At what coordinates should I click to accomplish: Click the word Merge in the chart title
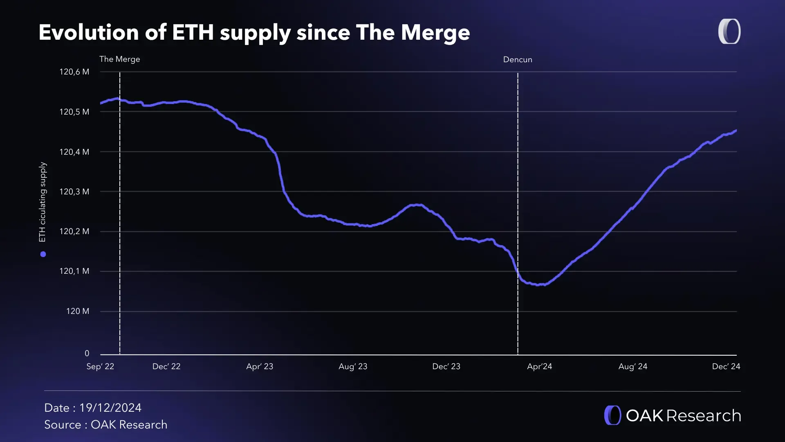[435, 32]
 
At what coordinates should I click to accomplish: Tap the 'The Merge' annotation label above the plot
[119, 59]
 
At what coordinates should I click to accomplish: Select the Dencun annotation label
[517, 59]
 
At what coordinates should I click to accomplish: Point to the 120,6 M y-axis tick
[74, 72]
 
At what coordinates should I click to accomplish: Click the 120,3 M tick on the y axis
[74, 192]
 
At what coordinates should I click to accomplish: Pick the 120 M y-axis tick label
[77, 311]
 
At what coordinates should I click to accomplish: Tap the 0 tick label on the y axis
[87, 353]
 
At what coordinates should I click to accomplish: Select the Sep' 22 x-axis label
[100, 366]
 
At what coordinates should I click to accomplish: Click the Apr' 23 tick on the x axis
[259, 366]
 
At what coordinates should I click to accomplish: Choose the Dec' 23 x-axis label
[446, 366]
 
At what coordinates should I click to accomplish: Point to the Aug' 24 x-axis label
[632, 366]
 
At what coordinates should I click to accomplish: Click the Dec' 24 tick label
[726, 366]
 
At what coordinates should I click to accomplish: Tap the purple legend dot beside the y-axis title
[43, 254]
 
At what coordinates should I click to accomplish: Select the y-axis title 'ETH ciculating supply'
[43, 202]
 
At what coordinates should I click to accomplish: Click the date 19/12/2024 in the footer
[110, 408]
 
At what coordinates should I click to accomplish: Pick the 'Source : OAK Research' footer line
[105, 424]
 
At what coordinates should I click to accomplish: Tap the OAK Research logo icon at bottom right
[612, 415]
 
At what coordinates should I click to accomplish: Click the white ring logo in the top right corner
[729, 32]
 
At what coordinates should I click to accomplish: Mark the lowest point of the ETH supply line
[538, 285]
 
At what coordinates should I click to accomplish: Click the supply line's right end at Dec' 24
[736, 131]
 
